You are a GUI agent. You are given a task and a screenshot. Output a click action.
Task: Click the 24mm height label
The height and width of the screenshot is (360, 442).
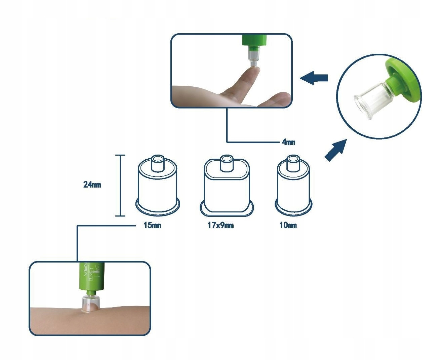click(92, 185)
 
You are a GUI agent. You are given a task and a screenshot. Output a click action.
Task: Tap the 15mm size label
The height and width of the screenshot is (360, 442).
click(152, 225)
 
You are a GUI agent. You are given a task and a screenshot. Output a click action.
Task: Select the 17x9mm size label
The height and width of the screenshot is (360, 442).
click(220, 225)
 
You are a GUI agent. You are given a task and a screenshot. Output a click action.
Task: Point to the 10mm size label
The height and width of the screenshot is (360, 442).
click(288, 225)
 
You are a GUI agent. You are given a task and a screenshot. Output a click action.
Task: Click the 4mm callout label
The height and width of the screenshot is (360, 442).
click(288, 142)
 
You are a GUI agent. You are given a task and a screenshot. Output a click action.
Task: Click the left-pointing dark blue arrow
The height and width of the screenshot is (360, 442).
click(314, 78)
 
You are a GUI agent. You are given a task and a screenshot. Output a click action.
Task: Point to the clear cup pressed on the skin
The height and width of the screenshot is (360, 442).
click(91, 302)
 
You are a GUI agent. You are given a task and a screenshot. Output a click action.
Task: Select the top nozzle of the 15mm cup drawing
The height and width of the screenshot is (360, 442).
click(157, 163)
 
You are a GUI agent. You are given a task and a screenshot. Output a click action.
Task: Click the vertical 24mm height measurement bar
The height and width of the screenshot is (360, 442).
click(120, 185)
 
